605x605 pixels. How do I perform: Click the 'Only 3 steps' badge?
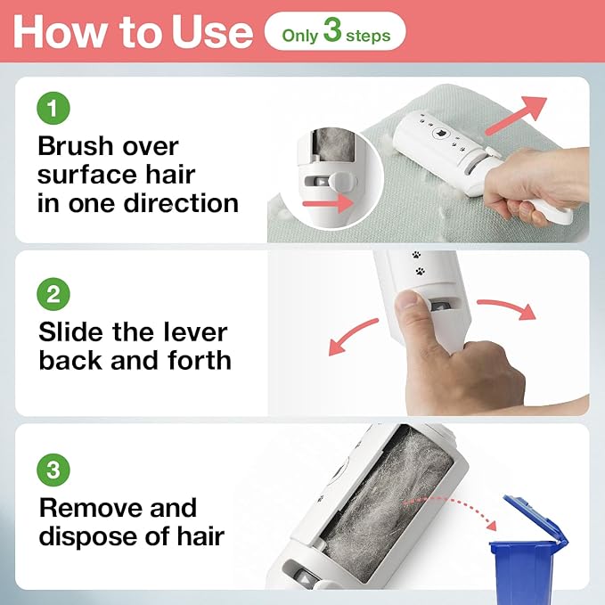[x=334, y=33]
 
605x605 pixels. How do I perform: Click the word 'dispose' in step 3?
[x=89, y=536]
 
